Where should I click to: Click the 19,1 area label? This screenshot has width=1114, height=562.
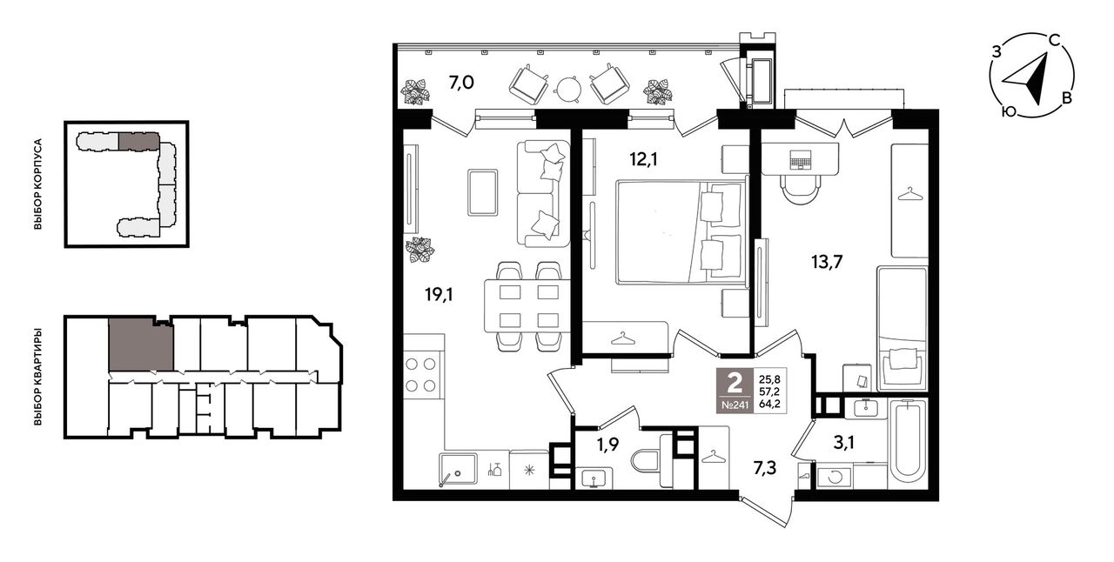(x=439, y=295)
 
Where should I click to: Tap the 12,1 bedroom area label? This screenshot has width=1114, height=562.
(x=643, y=160)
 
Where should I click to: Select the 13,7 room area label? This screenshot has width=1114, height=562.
(x=827, y=262)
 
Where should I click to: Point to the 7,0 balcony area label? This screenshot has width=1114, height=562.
(x=461, y=83)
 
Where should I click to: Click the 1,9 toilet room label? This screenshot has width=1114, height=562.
(x=607, y=445)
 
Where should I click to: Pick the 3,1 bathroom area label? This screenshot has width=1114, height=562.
(x=843, y=443)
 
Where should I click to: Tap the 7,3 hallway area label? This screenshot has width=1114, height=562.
(x=765, y=469)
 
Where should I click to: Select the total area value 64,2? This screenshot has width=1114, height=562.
(x=769, y=404)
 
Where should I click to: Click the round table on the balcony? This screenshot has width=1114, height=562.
(x=569, y=90)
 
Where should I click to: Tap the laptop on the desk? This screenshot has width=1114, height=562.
(x=800, y=160)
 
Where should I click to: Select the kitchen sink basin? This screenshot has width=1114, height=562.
(x=458, y=469)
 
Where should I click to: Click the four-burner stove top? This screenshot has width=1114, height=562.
(x=420, y=375)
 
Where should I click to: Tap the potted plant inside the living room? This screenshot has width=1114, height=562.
(x=420, y=250)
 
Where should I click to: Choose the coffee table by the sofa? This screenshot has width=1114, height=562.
(x=482, y=192)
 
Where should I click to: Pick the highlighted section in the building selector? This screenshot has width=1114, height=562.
(x=138, y=141)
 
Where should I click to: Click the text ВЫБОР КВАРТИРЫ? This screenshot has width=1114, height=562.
(x=37, y=377)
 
